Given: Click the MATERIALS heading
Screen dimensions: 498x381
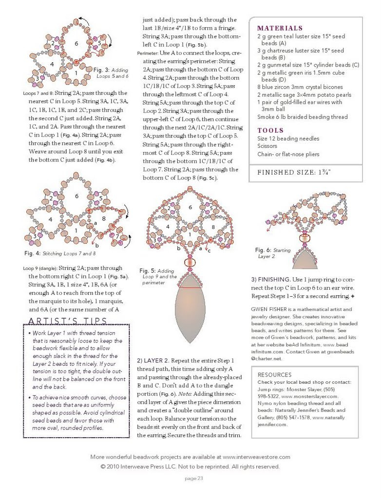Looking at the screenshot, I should point(280,28).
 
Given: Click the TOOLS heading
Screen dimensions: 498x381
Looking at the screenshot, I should point(270,130).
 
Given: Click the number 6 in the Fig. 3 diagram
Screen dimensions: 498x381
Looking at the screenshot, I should point(76,44).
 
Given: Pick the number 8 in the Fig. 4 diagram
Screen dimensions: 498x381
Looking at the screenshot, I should point(104,219).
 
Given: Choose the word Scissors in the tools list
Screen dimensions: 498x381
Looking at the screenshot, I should point(267,146).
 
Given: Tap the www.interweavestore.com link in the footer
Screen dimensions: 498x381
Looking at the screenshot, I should point(256,457).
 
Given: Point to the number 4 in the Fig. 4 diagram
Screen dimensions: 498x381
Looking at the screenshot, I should point(50,219).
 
